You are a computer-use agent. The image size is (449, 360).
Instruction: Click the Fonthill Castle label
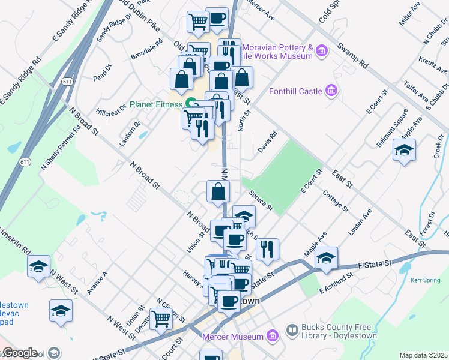295,91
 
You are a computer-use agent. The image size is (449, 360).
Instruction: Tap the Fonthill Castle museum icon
330,91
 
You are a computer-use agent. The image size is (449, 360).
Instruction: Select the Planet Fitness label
157,104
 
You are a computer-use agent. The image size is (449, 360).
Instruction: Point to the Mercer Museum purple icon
273,336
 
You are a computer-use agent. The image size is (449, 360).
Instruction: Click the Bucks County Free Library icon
292,330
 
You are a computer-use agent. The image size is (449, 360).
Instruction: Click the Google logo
20,353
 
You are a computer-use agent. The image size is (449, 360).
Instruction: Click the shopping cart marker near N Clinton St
161,319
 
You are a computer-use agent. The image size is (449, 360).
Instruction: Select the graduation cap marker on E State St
326,257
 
